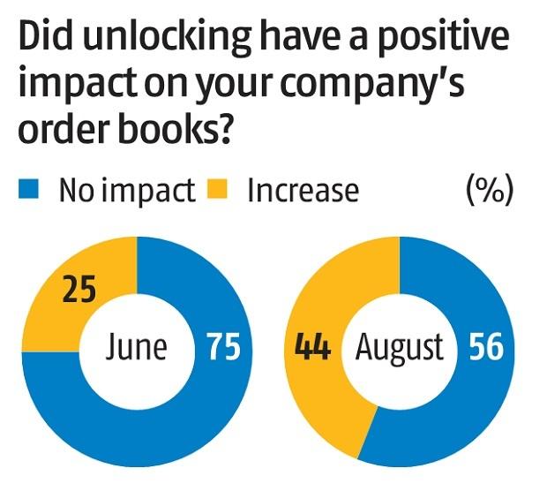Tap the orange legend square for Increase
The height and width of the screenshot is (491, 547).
pos(225,190)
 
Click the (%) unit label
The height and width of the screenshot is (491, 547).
pos(488,191)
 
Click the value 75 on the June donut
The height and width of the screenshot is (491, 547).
pos(222,347)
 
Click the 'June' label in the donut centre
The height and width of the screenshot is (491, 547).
pos(136,347)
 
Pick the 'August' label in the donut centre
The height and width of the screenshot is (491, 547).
pos(399,347)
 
